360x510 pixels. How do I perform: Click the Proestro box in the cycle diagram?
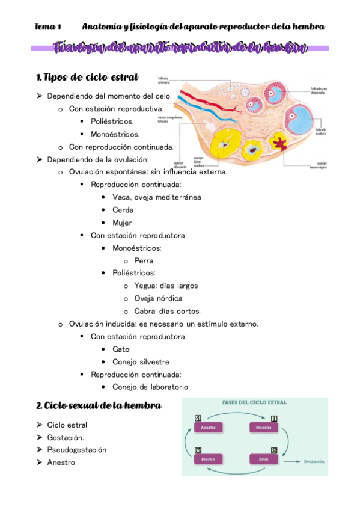point(263,428)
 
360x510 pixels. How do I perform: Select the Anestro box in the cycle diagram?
point(208,428)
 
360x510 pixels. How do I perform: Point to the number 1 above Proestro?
point(274,418)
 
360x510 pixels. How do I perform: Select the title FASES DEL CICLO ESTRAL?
point(255,402)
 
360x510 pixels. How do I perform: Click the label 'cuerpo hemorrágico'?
point(320,165)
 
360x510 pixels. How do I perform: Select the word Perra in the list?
point(144,261)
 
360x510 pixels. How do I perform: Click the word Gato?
point(121,349)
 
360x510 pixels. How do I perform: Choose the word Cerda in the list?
point(123,210)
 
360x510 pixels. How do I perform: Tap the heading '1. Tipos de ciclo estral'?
point(87,77)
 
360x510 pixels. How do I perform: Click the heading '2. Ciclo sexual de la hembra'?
point(99,405)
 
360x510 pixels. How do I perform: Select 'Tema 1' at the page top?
point(48,26)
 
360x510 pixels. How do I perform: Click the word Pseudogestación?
point(77,450)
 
